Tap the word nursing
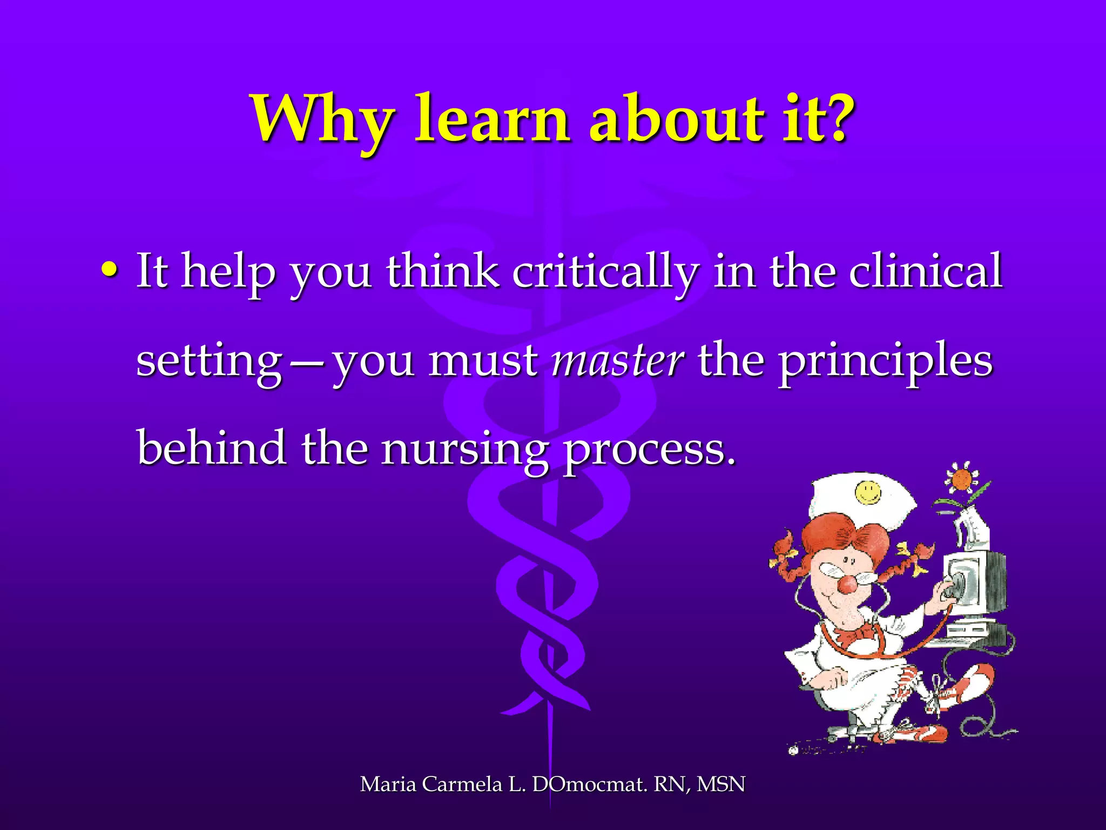click(x=464, y=450)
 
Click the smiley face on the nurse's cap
click(x=868, y=492)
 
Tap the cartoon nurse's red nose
click(x=847, y=584)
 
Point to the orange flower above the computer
click(x=962, y=479)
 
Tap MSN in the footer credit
click(x=720, y=784)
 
